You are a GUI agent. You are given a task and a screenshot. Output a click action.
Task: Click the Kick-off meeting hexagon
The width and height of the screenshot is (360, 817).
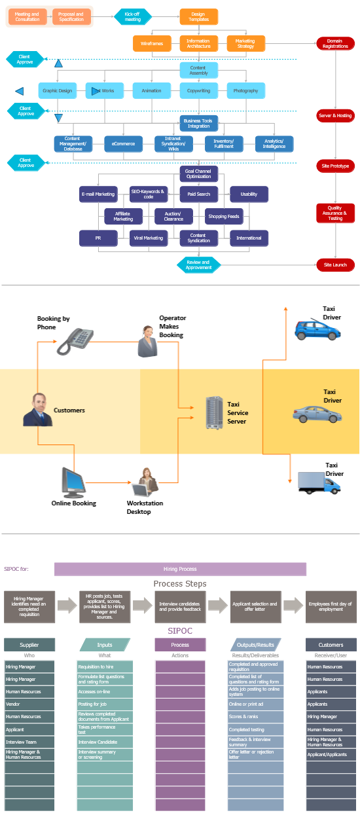pyautogui.click(x=133, y=16)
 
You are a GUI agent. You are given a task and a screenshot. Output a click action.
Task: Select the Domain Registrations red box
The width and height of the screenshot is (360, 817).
pyautogui.click(x=335, y=44)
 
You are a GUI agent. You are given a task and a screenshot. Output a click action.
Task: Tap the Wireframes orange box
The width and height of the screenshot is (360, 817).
pyautogui.click(x=152, y=44)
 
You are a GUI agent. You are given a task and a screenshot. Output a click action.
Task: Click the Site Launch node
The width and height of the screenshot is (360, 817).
pyautogui.click(x=335, y=265)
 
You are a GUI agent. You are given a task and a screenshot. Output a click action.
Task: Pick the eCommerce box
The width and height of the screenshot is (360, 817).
pyautogui.click(x=123, y=143)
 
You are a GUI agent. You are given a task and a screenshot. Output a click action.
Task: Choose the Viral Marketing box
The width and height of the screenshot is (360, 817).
pyautogui.click(x=149, y=238)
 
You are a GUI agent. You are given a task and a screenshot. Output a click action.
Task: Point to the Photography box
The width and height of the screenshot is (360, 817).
pyautogui.click(x=246, y=90)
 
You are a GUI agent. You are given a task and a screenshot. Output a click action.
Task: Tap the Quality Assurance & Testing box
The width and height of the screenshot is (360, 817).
pyautogui.click(x=335, y=213)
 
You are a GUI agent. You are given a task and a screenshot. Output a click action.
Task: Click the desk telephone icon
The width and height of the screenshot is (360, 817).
pyautogui.click(x=73, y=341)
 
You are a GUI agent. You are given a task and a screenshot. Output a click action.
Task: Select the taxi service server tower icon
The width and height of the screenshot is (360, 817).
pyautogui.click(x=214, y=413)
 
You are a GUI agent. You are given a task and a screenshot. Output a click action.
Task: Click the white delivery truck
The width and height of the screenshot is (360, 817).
pyautogui.click(x=319, y=482)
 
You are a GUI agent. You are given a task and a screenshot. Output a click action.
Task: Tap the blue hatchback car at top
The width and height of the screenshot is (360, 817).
pyautogui.click(x=317, y=330)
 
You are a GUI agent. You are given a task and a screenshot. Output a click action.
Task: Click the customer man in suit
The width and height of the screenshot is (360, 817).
pyautogui.click(x=37, y=410)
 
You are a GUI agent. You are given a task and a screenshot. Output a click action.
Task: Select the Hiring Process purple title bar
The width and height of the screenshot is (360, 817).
pyautogui.click(x=180, y=569)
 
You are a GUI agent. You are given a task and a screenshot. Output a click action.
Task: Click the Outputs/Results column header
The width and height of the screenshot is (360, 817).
pyautogui.click(x=255, y=645)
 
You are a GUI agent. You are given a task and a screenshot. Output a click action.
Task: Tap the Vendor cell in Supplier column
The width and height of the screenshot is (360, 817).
pyautogui.click(x=29, y=704)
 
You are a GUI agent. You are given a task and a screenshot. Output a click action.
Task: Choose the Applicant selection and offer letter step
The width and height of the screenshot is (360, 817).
pyautogui.click(x=255, y=607)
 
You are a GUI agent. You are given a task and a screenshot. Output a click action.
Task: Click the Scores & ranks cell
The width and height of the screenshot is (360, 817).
pyautogui.click(x=255, y=717)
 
